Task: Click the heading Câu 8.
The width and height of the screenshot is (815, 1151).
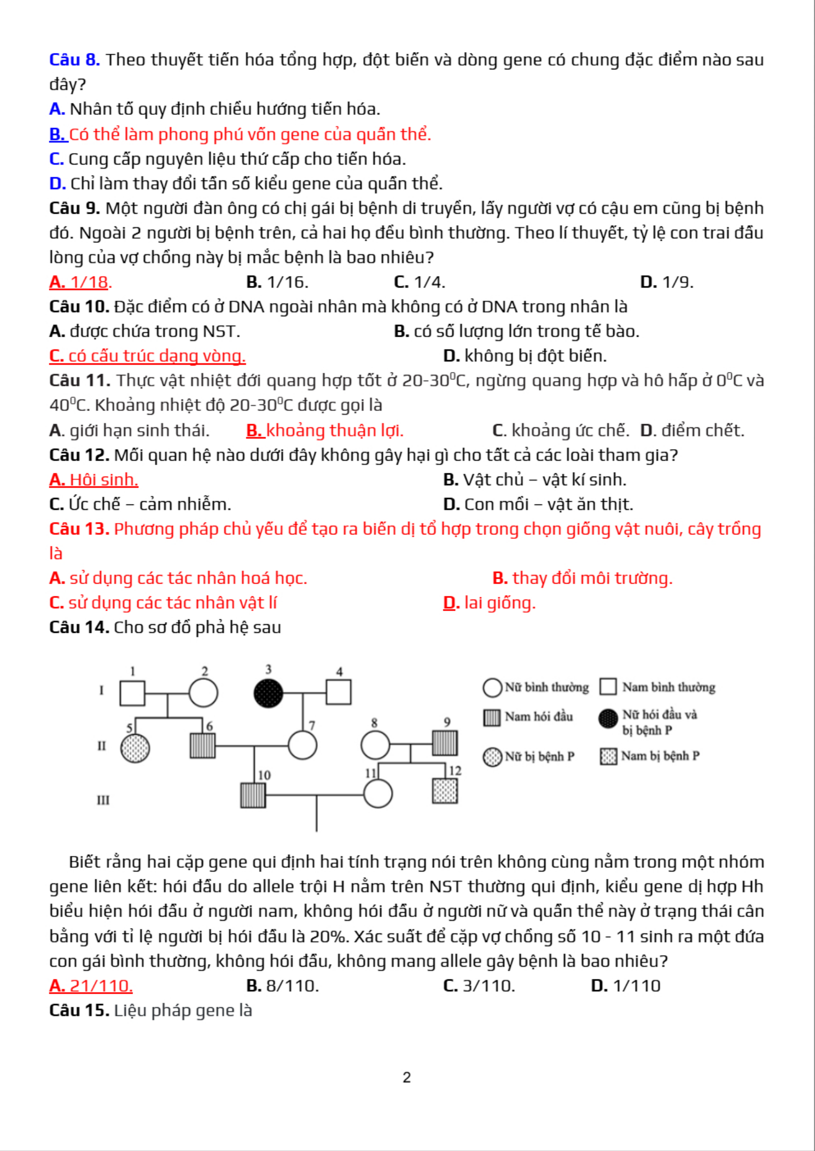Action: point(74,60)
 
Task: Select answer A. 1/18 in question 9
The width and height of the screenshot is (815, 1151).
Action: point(80,282)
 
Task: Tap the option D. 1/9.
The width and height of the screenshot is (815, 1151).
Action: point(666,282)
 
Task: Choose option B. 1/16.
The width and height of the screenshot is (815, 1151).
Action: point(277,282)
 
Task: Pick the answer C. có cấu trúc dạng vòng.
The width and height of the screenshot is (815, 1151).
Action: point(147,356)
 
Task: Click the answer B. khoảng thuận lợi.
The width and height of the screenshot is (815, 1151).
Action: point(324,431)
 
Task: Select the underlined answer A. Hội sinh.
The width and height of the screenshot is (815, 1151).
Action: point(94,480)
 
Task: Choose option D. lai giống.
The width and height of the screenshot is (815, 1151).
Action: point(489,603)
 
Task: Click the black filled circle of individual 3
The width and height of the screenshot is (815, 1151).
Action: point(269,693)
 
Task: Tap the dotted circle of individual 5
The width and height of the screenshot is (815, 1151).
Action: point(135,748)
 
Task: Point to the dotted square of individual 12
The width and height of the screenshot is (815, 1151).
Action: point(445,791)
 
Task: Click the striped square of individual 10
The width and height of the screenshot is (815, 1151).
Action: point(253,795)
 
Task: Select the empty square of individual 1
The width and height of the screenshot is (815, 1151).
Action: point(132,693)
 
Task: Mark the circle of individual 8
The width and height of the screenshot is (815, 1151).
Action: point(375,744)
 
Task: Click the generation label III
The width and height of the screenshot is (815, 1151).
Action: point(103,800)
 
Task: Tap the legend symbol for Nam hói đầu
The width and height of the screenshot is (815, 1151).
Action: point(492,718)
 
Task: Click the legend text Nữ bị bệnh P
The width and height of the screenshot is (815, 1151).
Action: point(539,756)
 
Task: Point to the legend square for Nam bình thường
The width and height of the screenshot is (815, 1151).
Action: point(608,686)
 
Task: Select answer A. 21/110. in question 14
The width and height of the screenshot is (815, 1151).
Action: point(91,986)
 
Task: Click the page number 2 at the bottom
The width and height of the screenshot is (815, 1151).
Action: point(406,1077)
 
